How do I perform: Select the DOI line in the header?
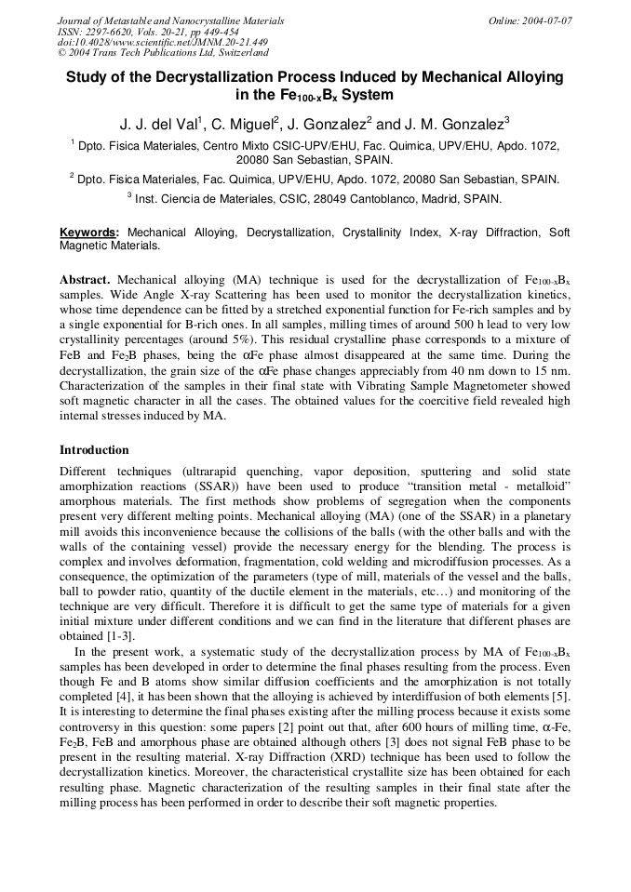pyautogui.click(x=163, y=43)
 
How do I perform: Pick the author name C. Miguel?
pyautogui.click(x=244, y=124)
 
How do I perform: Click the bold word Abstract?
pyautogui.click(x=85, y=279)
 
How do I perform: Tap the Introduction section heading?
pyautogui.click(x=94, y=450)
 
